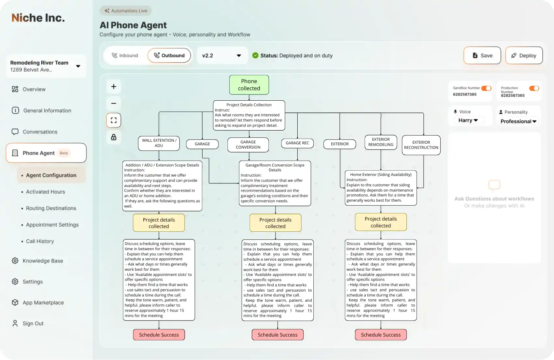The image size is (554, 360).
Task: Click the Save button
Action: tap(482, 55)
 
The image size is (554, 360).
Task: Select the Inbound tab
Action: tap(125, 55)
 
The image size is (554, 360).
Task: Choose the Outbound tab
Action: tap(169, 55)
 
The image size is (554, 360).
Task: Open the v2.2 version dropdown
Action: tap(222, 55)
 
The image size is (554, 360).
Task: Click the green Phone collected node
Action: tap(249, 85)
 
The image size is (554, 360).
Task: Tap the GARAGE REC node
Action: tap(297, 143)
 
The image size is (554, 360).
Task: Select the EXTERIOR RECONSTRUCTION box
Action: tap(421, 145)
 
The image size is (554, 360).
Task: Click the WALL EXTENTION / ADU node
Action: tap(159, 143)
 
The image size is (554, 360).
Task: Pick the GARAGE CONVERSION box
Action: tap(248, 145)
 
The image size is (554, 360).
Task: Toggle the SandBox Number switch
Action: tap(486, 88)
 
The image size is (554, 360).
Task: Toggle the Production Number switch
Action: tap(534, 88)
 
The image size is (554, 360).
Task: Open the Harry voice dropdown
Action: tap(468, 120)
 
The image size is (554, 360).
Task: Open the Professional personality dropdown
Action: tap(518, 121)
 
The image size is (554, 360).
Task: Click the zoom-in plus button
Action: tap(114, 87)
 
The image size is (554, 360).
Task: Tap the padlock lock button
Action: tap(114, 137)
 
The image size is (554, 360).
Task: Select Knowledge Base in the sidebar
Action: tap(43, 261)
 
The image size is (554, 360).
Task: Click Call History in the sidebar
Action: tap(40, 241)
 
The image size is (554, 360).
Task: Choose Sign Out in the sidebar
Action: tap(33, 324)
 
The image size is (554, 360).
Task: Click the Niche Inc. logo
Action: tap(38, 18)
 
